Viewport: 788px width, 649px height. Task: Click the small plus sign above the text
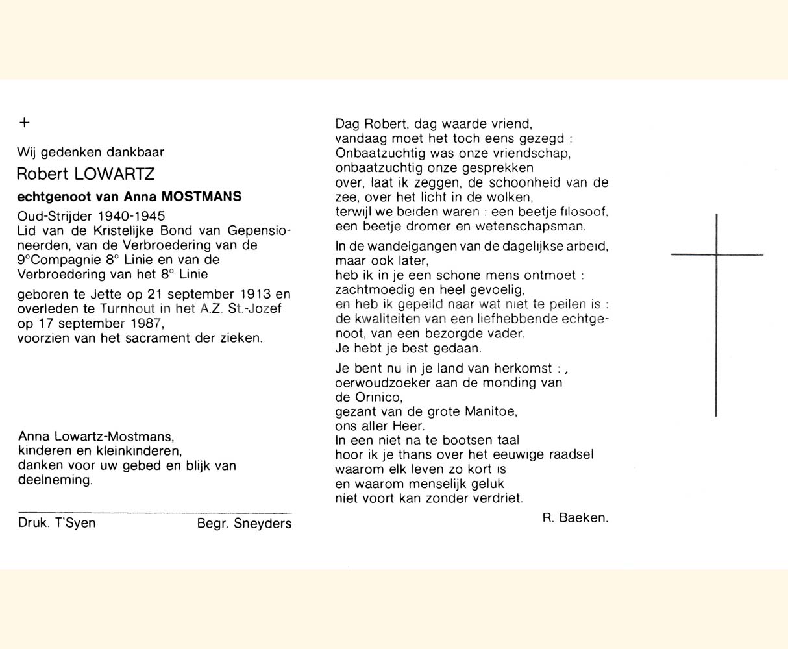coord(25,122)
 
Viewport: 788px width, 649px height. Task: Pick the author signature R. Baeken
coord(575,518)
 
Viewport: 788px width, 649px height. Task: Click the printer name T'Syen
coord(76,522)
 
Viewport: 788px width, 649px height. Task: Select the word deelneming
coord(55,480)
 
